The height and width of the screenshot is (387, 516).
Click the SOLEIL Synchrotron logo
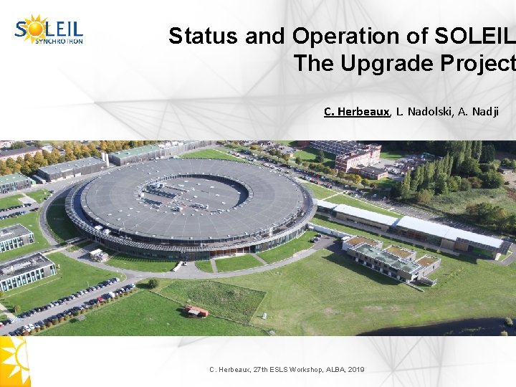(x=49, y=30)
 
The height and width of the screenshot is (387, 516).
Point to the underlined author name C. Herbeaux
(x=357, y=111)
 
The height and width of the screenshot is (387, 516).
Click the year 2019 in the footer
(x=355, y=369)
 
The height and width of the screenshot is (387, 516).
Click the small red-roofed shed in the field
(x=196, y=311)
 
